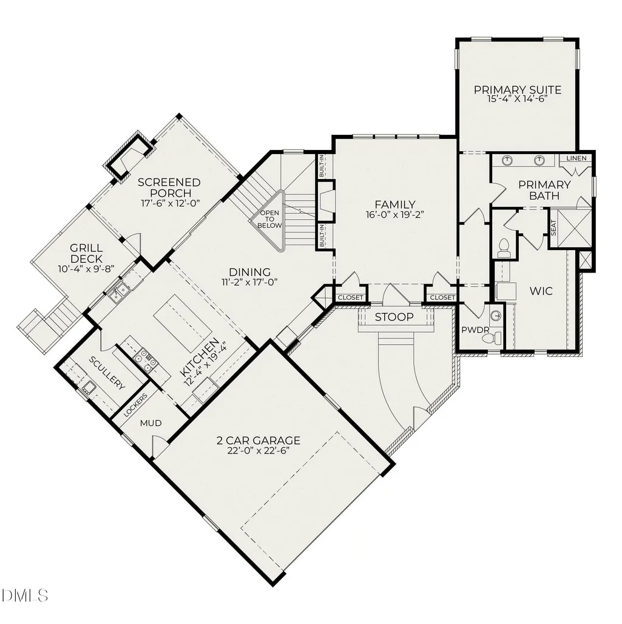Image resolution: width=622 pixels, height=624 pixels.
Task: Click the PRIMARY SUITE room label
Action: pyautogui.click(x=518, y=90)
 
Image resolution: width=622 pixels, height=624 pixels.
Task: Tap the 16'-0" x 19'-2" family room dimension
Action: pyautogui.click(x=395, y=215)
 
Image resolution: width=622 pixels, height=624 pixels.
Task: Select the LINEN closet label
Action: pyautogui.click(x=576, y=158)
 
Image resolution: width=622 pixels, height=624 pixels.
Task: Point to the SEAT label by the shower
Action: pyautogui.click(x=553, y=228)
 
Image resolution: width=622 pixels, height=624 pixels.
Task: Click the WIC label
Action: pyautogui.click(x=541, y=291)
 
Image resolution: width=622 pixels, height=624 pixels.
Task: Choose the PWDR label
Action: pyautogui.click(x=475, y=330)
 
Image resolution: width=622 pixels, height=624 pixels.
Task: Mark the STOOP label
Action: pyautogui.click(x=394, y=317)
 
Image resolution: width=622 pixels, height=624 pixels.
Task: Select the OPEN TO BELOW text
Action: pyautogui.click(x=269, y=219)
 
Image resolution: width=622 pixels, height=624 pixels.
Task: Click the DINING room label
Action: pyautogui.click(x=249, y=272)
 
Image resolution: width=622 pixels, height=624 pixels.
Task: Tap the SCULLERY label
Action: pyautogui.click(x=107, y=373)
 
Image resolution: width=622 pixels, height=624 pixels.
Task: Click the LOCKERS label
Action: pyautogui.click(x=135, y=405)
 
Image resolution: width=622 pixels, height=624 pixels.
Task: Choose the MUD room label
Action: pyautogui.click(x=151, y=423)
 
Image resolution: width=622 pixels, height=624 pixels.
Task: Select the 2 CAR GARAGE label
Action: pyautogui.click(x=259, y=441)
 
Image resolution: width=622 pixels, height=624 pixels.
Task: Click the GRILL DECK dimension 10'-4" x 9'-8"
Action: pyautogui.click(x=86, y=269)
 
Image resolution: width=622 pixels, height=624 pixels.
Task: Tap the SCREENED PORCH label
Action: pyautogui.click(x=169, y=188)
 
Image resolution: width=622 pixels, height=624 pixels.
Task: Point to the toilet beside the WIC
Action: pyautogui.click(x=504, y=248)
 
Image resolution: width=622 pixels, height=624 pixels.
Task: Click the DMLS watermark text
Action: pyautogui.click(x=25, y=595)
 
